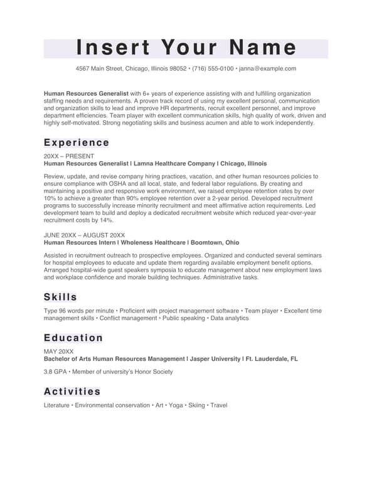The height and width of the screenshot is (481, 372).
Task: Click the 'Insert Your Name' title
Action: coord(186,48)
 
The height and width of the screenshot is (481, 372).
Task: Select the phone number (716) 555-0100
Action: coord(212,69)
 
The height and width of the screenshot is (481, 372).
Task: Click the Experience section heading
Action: coord(77,143)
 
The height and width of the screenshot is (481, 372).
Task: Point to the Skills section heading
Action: coord(60,297)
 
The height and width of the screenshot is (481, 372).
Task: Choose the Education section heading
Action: coord(73,338)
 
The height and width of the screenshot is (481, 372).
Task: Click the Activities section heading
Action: coord(72,391)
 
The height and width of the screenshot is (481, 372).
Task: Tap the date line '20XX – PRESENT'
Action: coord(69,156)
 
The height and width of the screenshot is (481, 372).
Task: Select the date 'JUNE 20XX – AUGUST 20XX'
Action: coord(84,235)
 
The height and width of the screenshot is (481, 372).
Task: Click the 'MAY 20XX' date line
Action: coord(58,352)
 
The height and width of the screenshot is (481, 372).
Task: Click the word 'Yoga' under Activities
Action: coord(176,405)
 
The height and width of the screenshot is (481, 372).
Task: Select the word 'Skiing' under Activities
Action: coord(196,405)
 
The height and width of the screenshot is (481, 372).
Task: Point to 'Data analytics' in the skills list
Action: coord(230,318)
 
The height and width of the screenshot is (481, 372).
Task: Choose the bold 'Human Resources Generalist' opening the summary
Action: coord(86,93)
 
